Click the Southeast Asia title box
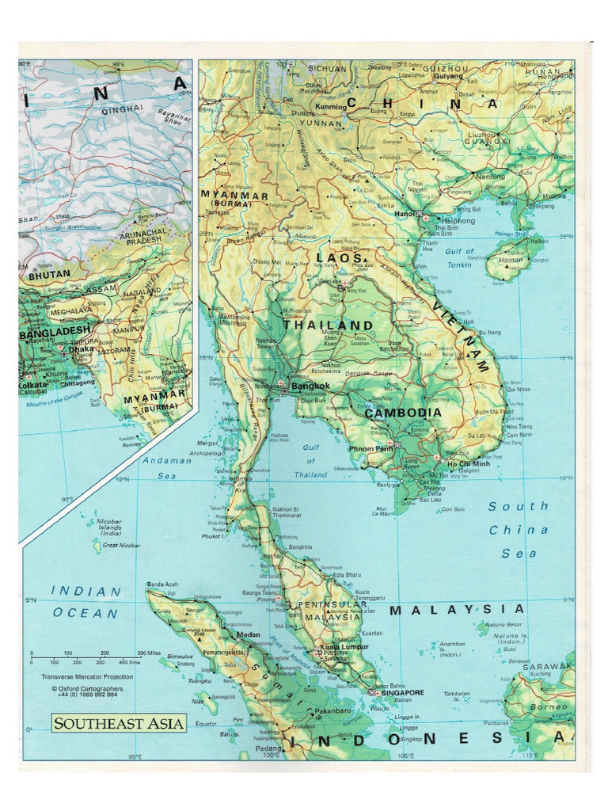(120, 722)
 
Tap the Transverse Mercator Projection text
(87, 677)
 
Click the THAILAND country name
(322, 326)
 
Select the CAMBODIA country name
(403, 413)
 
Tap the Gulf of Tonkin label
(458, 257)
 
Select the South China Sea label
(519, 530)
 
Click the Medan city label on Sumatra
(249, 635)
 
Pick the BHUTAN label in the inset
(50, 274)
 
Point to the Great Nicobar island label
(120, 546)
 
